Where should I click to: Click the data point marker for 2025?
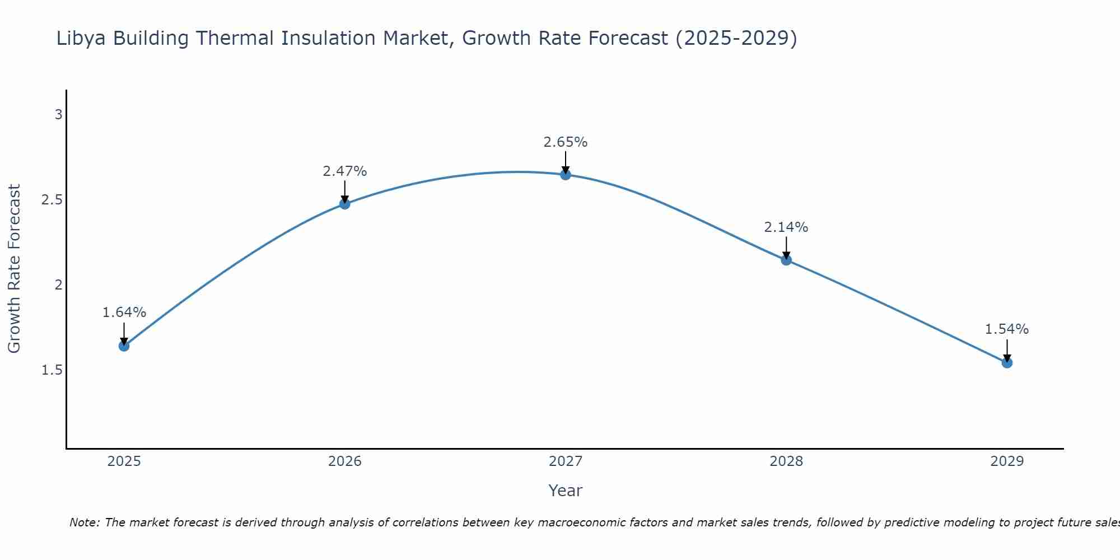[124, 346]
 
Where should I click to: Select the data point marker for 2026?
[344, 204]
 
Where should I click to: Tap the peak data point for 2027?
[566, 175]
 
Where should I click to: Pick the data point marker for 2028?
[786, 260]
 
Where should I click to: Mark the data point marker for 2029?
[1007, 363]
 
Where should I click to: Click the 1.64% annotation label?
[124, 312]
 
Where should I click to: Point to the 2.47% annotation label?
[344, 171]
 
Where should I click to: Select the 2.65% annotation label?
[566, 142]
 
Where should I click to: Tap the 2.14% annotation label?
[786, 227]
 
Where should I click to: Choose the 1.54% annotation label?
[1007, 329]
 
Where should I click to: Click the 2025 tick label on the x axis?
[124, 461]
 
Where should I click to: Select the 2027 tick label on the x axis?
[566, 461]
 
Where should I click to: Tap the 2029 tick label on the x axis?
[1007, 461]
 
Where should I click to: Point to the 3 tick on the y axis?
[58, 115]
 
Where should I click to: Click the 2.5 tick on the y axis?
[52, 200]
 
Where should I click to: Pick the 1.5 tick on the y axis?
[52, 370]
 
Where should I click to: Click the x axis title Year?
[566, 491]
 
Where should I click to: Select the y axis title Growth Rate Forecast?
[14, 268]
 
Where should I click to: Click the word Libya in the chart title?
[82, 38]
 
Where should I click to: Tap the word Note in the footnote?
[84, 522]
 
